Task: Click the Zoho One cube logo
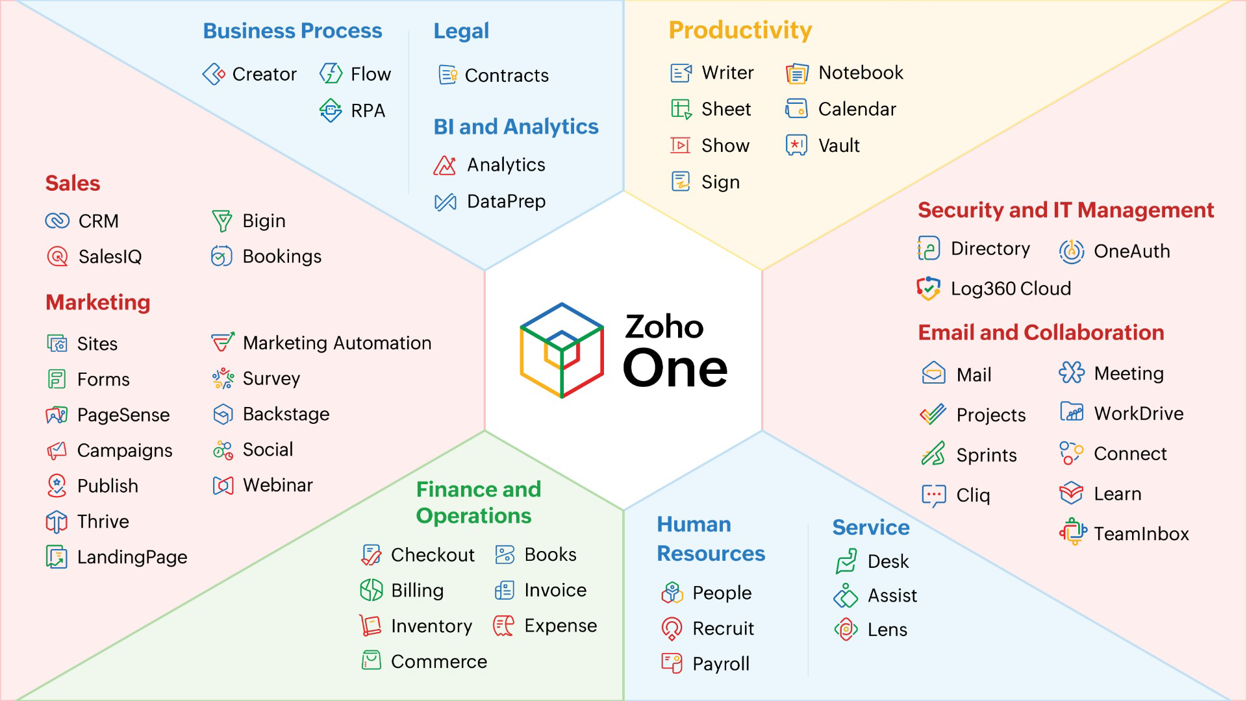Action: click(562, 350)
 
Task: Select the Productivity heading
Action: click(740, 31)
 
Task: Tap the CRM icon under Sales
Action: click(57, 221)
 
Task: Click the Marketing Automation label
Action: click(336, 343)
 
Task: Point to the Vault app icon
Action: click(796, 145)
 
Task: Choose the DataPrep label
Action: click(506, 201)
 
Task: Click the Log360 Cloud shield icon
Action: click(929, 288)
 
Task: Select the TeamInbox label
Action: click(1141, 534)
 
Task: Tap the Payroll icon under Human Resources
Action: click(672, 663)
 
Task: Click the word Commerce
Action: click(438, 661)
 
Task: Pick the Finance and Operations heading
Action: click(478, 502)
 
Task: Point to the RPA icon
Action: click(331, 110)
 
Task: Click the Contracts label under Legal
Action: click(507, 75)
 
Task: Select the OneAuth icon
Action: click(1072, 251)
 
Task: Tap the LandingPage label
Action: click(132, 557)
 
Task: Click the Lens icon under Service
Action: click(846, 629)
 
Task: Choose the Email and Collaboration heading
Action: click(1040, 332)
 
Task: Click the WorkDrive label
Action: click(1139, 413)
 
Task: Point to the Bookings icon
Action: click(221, 256)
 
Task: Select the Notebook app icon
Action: click(797, 73)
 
